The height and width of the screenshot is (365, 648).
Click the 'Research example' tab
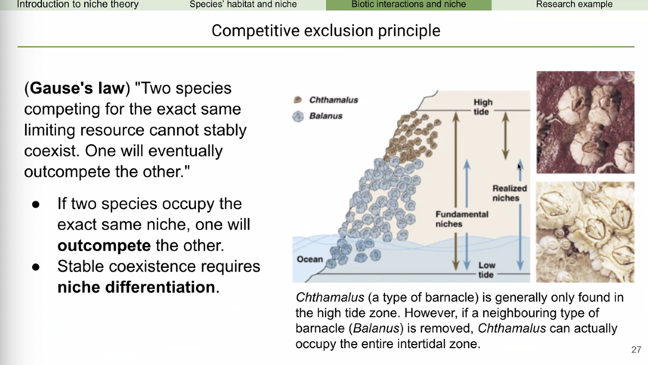pyautogui.click(x=574, y=5)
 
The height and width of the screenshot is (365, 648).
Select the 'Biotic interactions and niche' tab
pyautogui.click(x=409, y=5)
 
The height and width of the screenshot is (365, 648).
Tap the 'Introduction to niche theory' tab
pyautogui.click(x=78, y=5)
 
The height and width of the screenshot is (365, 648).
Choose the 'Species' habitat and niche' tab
pyautogui.click(x=243, y=5)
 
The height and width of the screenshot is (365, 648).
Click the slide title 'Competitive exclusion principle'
pyautogui.click(x=326, y=31)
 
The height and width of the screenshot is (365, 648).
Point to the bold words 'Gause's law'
pyautogui.click(x=77, y=88)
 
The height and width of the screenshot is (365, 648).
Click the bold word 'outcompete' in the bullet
pyautogui.click(x=104, y=245)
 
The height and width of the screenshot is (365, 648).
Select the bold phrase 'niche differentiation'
pyautogui.click(x=136, y=287)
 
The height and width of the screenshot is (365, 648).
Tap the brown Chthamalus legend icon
pyautogui.click(x=297, y=100)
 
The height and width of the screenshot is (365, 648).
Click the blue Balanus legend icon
pyautogui.click(x=298, y=117)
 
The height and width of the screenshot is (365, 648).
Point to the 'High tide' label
pyautogui.click(x=483, y=107)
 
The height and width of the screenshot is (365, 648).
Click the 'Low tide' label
pyautogui.click(x=487, y=270)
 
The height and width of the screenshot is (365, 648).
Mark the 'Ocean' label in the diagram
pyautogui.click(x=310, y=259)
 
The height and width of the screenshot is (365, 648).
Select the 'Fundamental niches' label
pyautogui.click(x=462, y=219)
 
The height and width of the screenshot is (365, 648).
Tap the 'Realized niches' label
pyautogui.click(x=509, y=193)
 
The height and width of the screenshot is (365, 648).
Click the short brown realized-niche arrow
pyautogui.click(x=505, y=135)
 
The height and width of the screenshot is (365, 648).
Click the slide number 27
pyautogui.click(x=636, y=350)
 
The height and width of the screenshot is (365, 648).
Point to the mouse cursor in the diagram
pyautogui.click(x=519, y=167)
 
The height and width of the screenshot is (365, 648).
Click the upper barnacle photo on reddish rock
pyautogui.click(x=585, y=122)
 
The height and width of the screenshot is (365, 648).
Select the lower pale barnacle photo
pyautogui.click(x=585, y=232)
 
